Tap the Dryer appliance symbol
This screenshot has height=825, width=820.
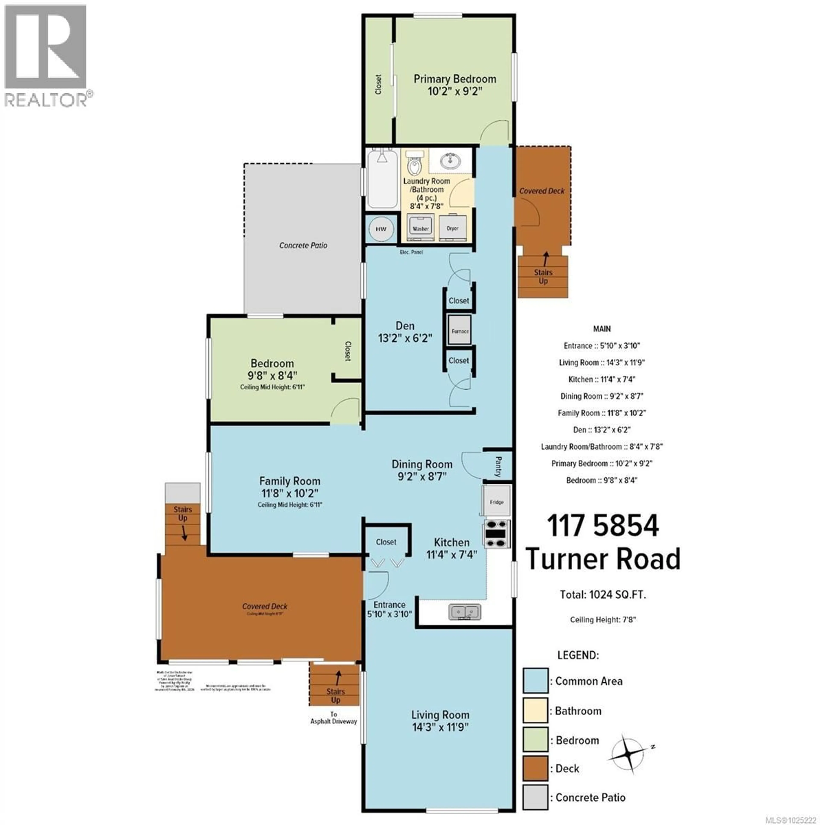click(453, 228)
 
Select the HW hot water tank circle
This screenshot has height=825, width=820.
click(381, 229)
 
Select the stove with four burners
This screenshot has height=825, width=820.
click(497, 533)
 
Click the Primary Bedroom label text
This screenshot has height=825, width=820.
click(455, 79)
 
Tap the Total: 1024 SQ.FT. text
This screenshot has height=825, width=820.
click(603, 594)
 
